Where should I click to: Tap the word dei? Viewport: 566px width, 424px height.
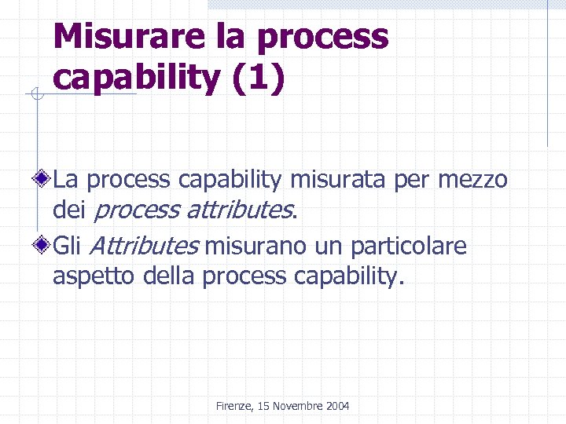70,210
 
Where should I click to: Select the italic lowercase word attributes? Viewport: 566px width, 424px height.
241,210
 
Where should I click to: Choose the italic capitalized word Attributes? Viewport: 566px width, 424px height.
144,247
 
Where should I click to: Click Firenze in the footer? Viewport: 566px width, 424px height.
233,406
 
